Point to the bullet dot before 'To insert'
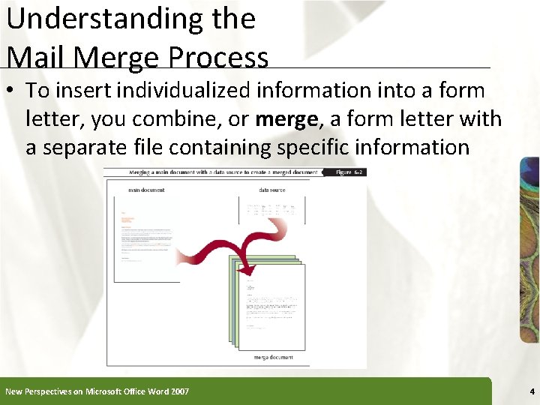(11, 91)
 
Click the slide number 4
(531, 391)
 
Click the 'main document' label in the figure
(146, 190)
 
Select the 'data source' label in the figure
(272, 190)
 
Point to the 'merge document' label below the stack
(273, 358)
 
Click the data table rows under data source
(271, 210)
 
